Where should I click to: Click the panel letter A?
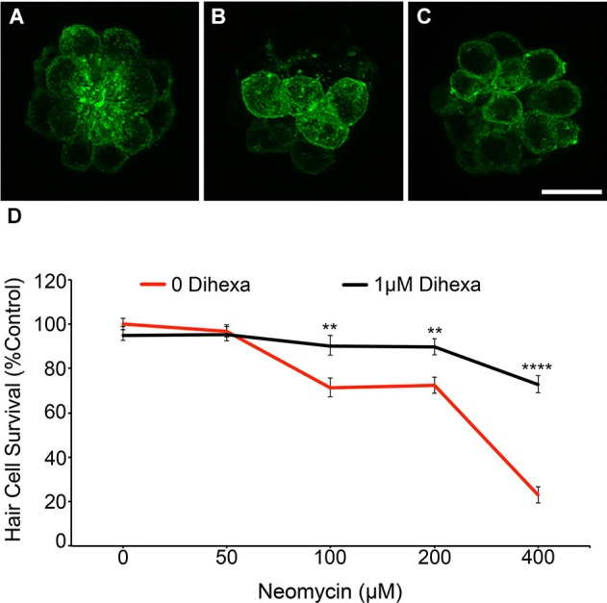click(x=15, y=19)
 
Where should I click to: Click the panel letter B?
click(x=219, y=19)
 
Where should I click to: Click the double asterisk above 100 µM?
click(x=330, y=328)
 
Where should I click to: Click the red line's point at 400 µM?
click(x=538, y=495)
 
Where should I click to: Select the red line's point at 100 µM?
click(x=330, y=388)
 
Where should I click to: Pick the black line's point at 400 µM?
click(x=538, y=384)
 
